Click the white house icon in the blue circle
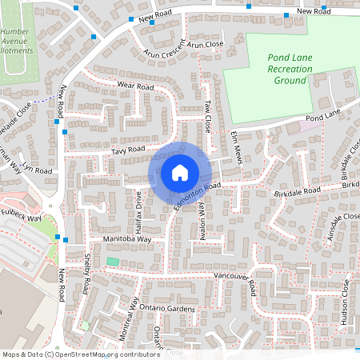point(180,172)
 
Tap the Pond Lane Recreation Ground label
point(289,70)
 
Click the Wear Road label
point(134,86)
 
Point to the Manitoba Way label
point(126,239)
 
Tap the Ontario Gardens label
point(166,309)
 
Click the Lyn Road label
point(37,170)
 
